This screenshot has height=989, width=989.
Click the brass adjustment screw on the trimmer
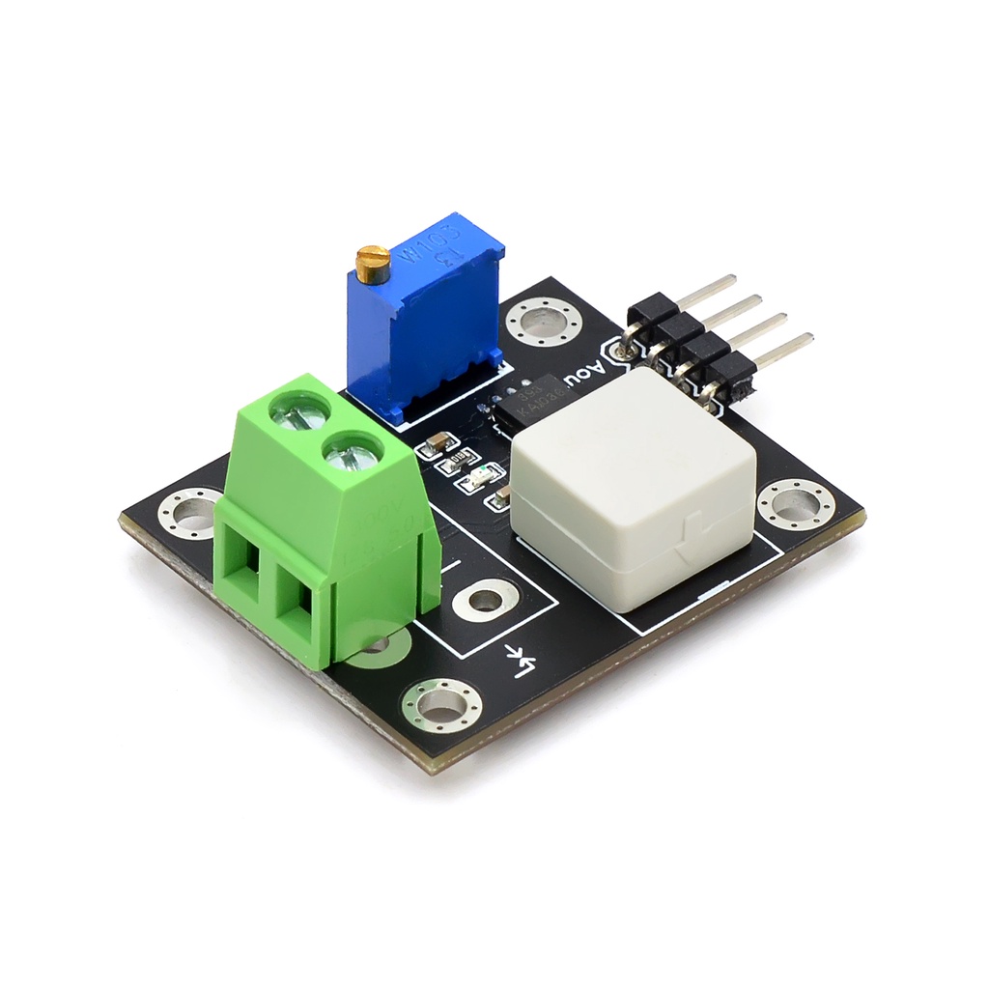click(x=373, y=260)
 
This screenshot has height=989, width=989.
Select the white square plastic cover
click(x=633, y=483)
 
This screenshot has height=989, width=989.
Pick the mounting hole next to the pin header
click(x=542, y=321)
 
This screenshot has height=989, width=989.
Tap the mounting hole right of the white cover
click(x=796, y=504)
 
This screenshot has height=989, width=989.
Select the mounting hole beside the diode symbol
click(x=441, y=704)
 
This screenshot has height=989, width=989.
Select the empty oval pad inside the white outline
click(x=483, y=600)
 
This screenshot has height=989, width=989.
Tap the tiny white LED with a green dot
click(x=484, y=475)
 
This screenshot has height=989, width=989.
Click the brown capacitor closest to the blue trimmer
click(x=436, y=443)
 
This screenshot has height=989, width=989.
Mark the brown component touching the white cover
click(x=501, y=498)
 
